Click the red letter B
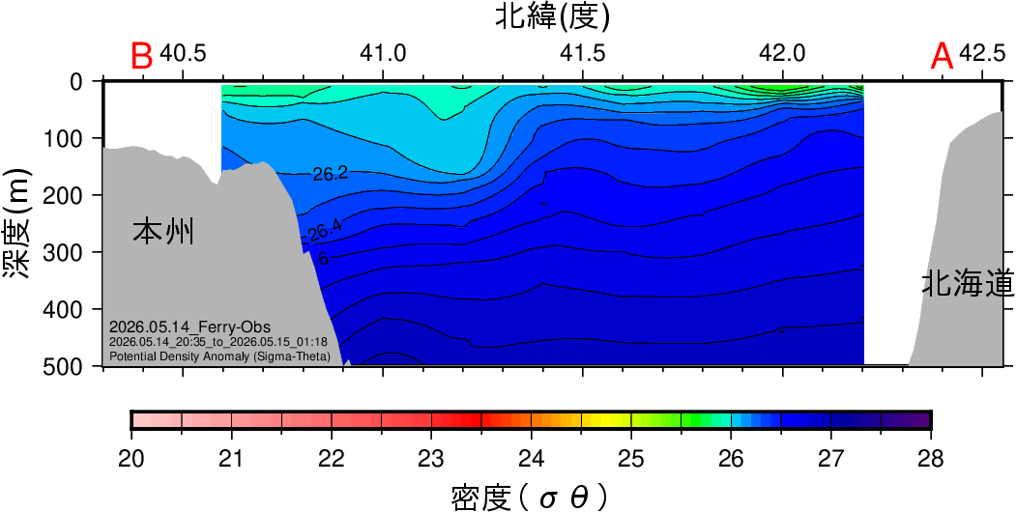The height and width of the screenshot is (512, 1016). click(x=142, y=56)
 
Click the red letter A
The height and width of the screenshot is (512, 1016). click(x=942, y=56)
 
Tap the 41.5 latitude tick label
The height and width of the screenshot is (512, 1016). click(x=584, y=54)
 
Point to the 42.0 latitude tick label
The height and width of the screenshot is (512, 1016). click(x=783, y=54)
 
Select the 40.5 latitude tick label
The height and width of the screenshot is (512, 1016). click(x=184, y=54)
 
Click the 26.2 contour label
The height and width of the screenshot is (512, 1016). click(x=331, y=174)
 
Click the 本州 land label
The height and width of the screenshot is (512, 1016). click(x=164, y=232)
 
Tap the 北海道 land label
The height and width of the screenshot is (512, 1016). click(x=969, y=284)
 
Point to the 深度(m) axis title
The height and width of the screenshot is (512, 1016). click(x=18, y=225)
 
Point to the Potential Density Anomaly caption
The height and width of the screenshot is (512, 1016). click(x=220, y=356)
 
